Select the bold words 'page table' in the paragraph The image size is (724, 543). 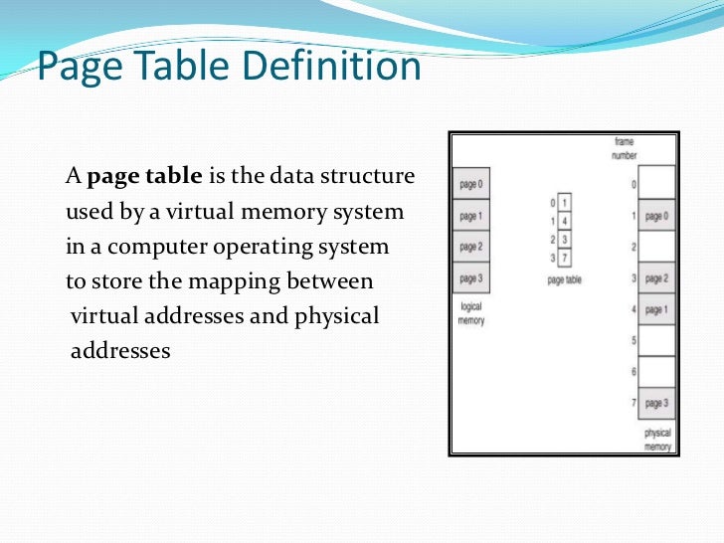(145, 178)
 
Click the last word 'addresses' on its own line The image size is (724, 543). (120, 351)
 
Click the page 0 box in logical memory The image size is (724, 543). (471, 184)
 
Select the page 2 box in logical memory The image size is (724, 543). (471, 247)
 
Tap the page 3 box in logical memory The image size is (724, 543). (471, 277)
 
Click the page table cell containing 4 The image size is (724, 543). (565, 221)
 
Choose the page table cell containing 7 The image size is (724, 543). (565, 258)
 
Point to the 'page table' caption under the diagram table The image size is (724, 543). (564, 280)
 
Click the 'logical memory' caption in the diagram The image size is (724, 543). (470, 314)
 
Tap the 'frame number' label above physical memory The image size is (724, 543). (625, 149)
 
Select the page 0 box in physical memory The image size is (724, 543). (655, 216)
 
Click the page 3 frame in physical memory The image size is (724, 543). (655, 403)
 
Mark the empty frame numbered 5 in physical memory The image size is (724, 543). (655, 340)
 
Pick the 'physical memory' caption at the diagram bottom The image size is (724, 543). (657, 440)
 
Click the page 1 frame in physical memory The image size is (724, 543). (655, 309)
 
